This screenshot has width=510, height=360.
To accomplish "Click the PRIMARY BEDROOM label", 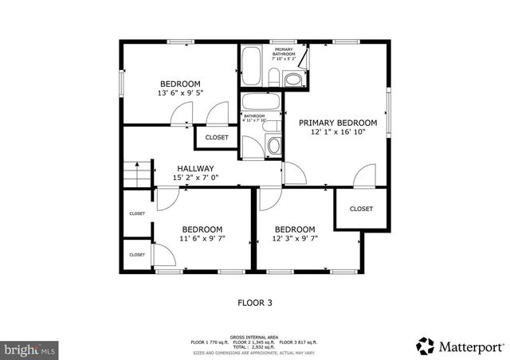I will (337, 123).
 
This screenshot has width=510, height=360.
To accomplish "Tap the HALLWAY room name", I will (195, 168).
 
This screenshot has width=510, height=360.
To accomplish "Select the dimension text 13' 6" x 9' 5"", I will (180, 93).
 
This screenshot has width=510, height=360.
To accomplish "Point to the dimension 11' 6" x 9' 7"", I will (202, 238).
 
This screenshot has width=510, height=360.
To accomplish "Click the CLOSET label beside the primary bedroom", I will (361, 209).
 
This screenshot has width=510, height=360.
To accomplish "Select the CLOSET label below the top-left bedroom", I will (217, 137).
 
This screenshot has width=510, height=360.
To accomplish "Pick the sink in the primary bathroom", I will (292, 79).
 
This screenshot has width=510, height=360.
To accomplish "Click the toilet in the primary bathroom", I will (273, 77).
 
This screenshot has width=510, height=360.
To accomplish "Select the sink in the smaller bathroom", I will (273, 146).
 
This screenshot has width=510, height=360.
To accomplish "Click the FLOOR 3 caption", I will (255, 303).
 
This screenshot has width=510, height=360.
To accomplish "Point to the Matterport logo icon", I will (425, 346).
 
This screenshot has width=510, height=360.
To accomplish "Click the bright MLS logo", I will (29, 348).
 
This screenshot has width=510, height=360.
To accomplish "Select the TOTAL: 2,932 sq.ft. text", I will (254, 346).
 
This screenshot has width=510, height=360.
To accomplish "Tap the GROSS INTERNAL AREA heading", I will (254, 337).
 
